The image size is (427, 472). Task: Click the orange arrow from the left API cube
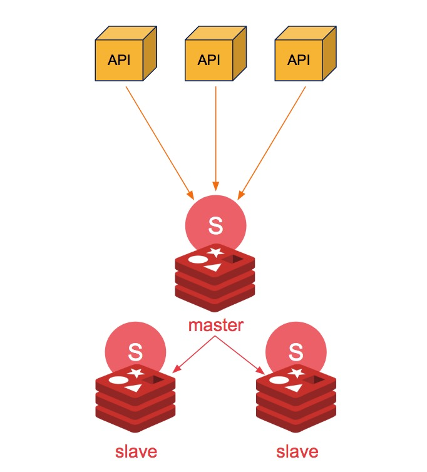point(160,140)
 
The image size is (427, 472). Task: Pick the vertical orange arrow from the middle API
point(216,138)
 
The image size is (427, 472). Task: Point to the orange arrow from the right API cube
point(271,140)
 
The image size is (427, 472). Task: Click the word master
point(215,326)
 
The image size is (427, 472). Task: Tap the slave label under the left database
point(136,451)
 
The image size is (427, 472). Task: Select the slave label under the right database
point(297,451)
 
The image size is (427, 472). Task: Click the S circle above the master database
point(216,224)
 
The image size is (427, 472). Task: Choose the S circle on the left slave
point(135,351)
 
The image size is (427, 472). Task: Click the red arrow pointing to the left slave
point(194,354)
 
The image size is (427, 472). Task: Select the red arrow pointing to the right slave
point(239,354)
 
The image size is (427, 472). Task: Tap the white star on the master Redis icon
point(216,252)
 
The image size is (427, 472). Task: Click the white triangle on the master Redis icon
point(214,267)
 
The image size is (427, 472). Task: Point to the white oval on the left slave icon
point(118,379)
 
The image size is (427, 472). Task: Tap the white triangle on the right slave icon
point(294,389)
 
